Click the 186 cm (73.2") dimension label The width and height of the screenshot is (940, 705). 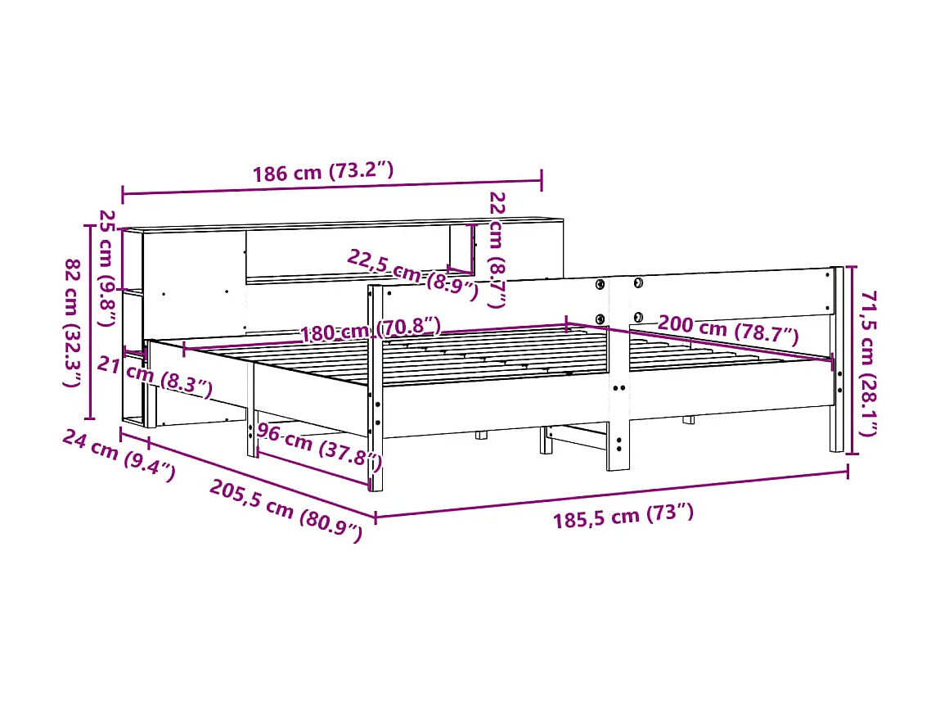323,173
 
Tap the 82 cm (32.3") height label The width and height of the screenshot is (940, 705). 74,323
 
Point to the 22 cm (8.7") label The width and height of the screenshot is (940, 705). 497,249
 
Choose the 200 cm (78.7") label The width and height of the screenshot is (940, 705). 727,329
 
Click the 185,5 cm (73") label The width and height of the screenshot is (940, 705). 623,516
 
